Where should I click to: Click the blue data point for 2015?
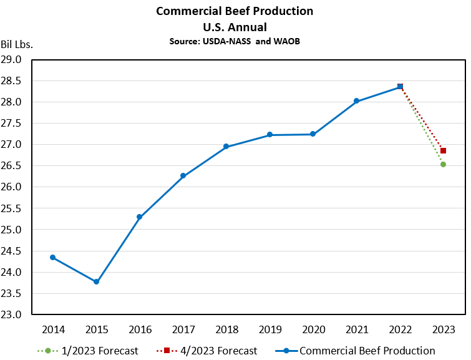click(x=96, y=282)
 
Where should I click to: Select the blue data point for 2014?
click(x=52, y=257)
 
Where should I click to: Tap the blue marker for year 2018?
click(x=226, y=147)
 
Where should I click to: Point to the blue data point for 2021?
click(x=356, y=101)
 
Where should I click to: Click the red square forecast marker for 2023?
click(x=443, y=150)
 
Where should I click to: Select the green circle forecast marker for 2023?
click(x=443, y=164)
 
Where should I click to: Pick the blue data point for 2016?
click(x=140, y=217)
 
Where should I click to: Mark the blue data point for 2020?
click(x=313, y=134)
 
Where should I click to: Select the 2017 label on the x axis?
click(x=183, y=329)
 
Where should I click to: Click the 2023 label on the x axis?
click(x=443, y=329)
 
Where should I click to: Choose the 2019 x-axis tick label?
click(x=269, y=329)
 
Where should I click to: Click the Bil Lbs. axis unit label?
click(x=17, y=44)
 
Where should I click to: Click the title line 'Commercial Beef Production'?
click(x=235, y=11)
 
